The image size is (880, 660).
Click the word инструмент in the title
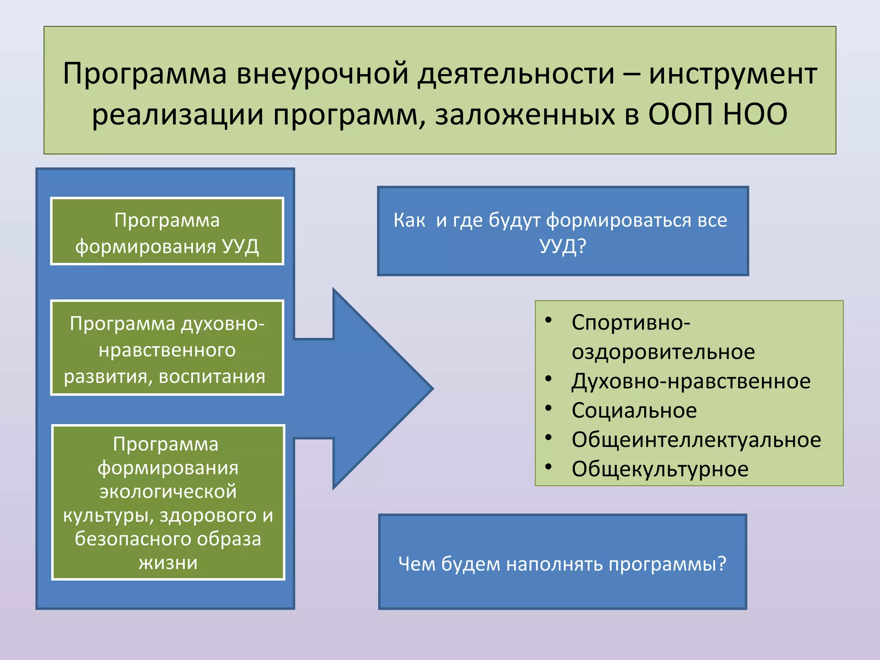pyautogui.click(x=733, y=74)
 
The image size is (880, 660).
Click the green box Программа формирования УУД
pyautogui.click(x=167, y=232)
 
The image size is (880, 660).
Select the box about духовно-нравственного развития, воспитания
pyautogui.click(x=167, y=348)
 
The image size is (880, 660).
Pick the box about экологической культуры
pyautogui.click(x=168, y=502)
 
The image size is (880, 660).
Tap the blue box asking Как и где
pyautogui.click(x=562, y=231)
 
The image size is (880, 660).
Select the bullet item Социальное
pyautogui.click(x=634, y=410)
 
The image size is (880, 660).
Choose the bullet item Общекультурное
pyautogui.click(x=660, y=469)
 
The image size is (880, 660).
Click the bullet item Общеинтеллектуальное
pyautogui.click(x=696, y=440)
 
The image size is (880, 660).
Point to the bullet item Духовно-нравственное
pyautogui.click(x=691, y=381)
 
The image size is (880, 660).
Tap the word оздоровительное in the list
pyautogui.click(x=663, y=352)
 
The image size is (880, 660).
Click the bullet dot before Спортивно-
pyautogui.click(x=548, y=321)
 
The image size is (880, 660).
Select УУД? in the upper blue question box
pyautogui.click(x=562, y=246)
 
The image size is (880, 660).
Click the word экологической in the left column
pyautogui.click(x=168, y=491)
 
